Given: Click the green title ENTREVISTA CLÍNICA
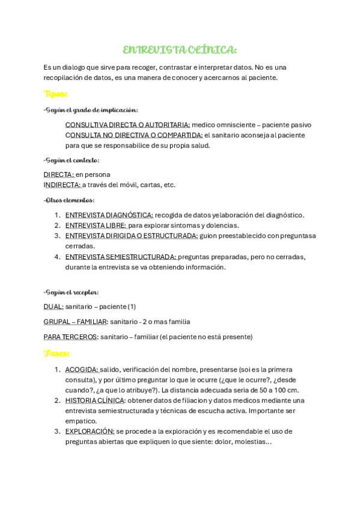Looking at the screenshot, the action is point(180,49).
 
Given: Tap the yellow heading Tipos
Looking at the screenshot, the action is point(55,94).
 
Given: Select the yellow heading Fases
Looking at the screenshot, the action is point(56,353).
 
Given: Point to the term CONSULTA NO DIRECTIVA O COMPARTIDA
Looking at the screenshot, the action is point(134,135).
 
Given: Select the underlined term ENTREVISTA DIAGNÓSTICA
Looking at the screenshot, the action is point(109,215).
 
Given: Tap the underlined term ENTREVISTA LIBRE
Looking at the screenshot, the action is point(96,226).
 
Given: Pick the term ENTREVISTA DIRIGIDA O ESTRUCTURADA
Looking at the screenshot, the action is point(132,236).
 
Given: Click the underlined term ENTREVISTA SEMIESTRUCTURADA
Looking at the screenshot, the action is point(120,257).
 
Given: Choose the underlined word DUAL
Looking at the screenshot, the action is point(53,307).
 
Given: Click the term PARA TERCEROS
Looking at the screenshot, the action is point(71,337).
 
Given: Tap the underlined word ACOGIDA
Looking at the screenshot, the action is point(82,369).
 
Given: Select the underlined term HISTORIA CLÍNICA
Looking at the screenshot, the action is point(95,401).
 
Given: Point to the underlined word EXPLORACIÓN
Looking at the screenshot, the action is point(90,431).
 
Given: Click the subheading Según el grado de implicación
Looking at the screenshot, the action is point(91,110).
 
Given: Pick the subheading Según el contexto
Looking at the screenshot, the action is point(72,160).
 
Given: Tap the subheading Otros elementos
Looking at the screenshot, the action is point(69,200).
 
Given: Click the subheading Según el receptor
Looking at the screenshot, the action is point(71,292).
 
